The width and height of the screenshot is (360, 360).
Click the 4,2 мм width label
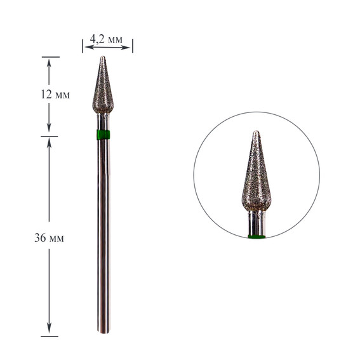pyautogui.click(x=107, y=39)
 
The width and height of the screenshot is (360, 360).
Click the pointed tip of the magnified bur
pyautogui.click(x=256, y=133)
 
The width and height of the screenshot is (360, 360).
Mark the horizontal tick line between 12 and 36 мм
pyautogui.click(x=50, y=136)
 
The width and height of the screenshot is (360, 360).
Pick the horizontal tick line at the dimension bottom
pyautogui.click(x=50, y=336)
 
